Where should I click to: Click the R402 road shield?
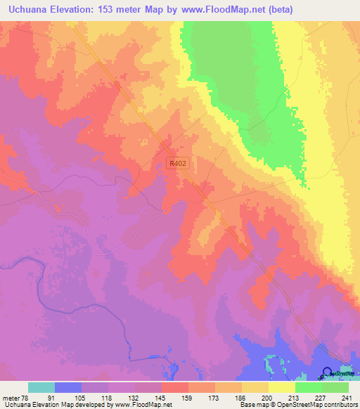pos(179,162)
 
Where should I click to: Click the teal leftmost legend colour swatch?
pos(41,387)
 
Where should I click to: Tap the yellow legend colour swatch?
pos(282,387)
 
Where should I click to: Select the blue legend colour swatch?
pos(67,387)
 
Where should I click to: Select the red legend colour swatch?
pos(175,387)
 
